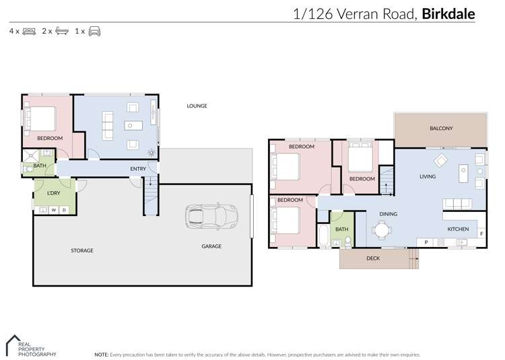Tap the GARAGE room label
click(211, 246)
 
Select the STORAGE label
click(82, 250)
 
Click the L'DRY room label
click(54, 194)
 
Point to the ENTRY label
click(138, 169)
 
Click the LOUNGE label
click(197, 106)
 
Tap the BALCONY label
click(441, 129)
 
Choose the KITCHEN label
click(458, 229)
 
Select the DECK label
click(373, 258)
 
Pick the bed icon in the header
click(30, 31)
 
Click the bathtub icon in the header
click(62, 31)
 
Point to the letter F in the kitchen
click(481, 233)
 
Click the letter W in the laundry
click(54, 210)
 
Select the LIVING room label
click(428, 177)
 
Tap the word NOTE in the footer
click(102, 354)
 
